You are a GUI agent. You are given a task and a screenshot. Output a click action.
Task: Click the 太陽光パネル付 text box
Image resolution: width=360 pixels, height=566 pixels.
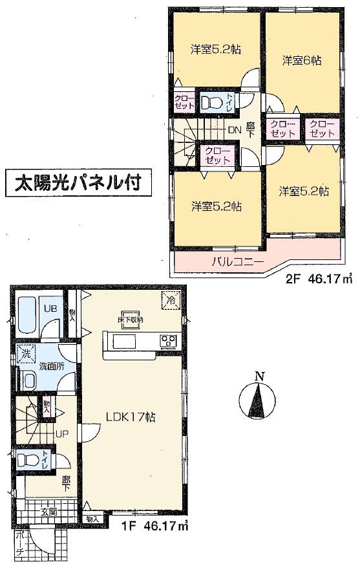79,183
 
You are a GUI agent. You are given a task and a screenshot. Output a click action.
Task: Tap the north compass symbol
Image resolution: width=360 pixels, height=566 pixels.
259,397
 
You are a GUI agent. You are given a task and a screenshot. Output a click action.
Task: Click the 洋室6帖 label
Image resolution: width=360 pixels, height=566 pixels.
302,60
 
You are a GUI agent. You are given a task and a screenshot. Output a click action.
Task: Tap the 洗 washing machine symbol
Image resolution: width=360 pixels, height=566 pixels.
26,354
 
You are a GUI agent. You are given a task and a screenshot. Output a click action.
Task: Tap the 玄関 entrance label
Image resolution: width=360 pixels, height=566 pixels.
49,512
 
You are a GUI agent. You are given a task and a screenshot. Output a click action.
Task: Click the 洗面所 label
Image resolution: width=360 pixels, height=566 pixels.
50,366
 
